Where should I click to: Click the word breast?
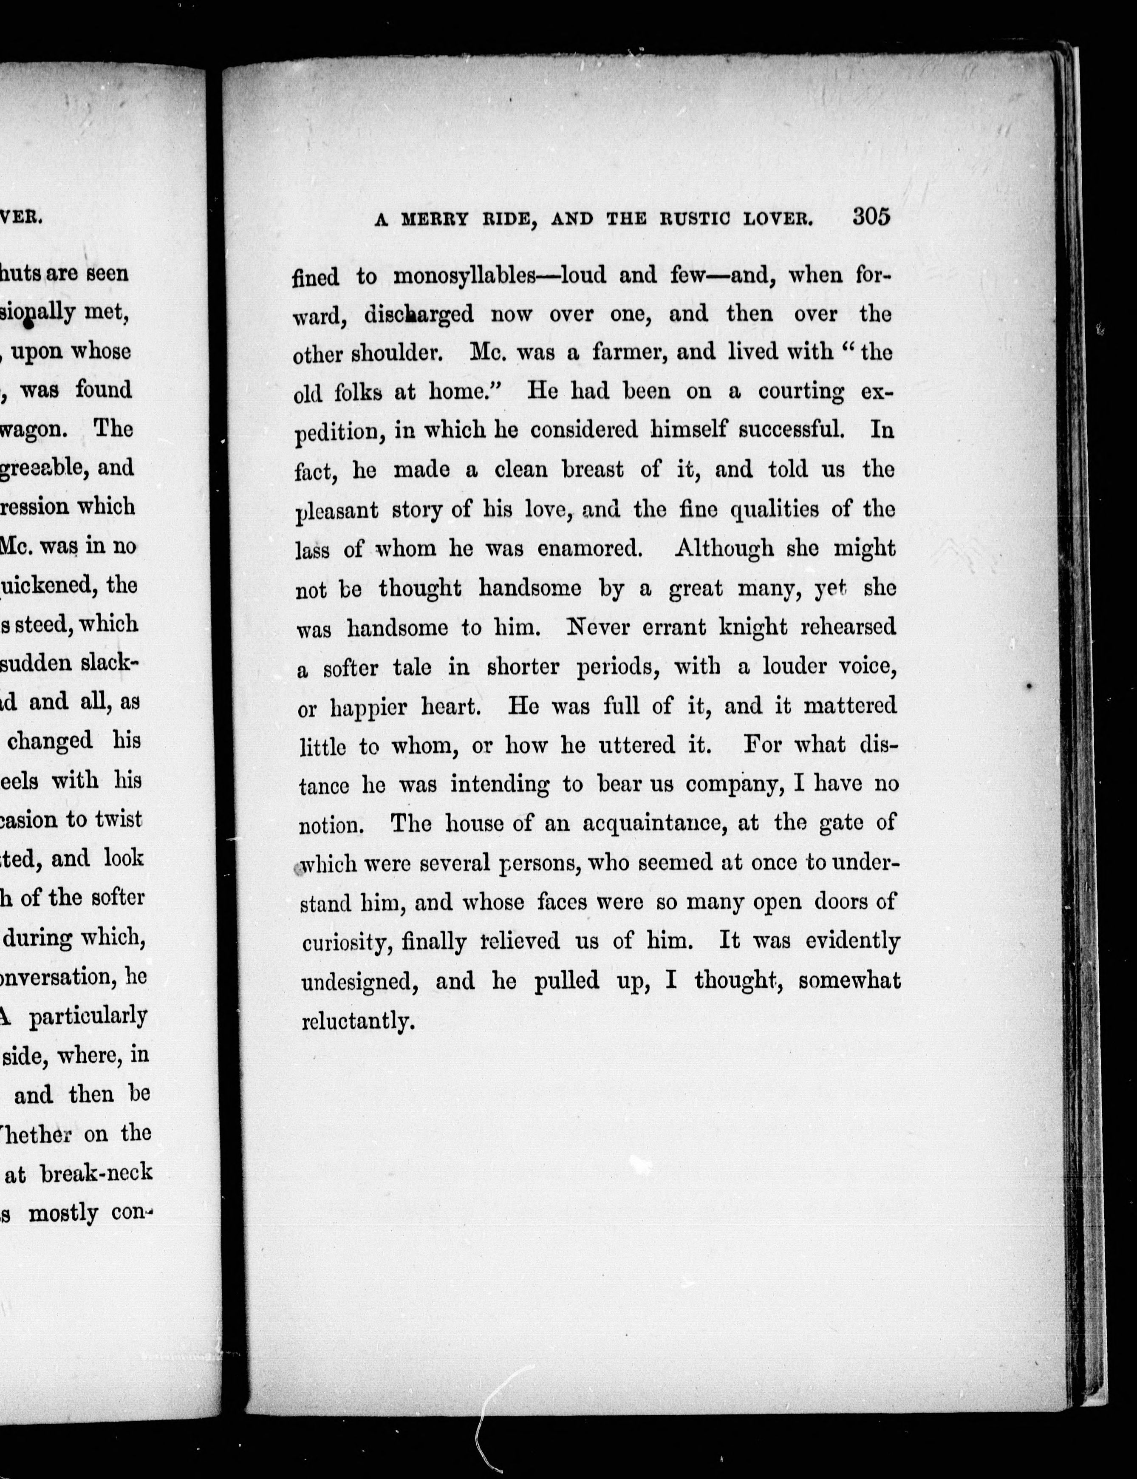click(594, 470)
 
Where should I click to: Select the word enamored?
click(589, 548)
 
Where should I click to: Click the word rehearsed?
click(849, 627)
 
